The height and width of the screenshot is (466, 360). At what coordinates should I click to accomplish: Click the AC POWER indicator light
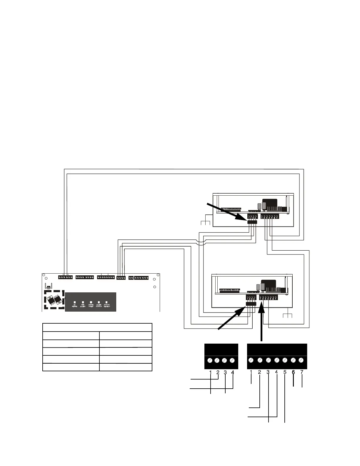(x=75, y=302)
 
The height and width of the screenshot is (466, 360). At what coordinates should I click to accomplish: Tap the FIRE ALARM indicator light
(x=83, y=302)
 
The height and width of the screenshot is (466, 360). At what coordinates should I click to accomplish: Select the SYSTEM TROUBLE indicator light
(x=106, y=302)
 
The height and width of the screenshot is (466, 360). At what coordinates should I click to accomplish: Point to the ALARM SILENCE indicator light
(x=99, y=302)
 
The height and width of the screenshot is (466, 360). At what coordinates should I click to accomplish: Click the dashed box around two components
(x=54, y=299)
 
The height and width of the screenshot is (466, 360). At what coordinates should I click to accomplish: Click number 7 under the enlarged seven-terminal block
(x=302, y=372)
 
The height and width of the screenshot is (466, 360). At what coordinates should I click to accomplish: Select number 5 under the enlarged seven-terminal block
(x=285, y=372)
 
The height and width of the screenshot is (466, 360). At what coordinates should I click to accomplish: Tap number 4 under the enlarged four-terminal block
(x=233, y=372)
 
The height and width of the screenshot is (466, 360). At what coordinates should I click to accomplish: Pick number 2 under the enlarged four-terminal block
(x=218, y=372)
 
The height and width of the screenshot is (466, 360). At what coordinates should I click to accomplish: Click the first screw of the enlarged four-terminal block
(x=210, y=360)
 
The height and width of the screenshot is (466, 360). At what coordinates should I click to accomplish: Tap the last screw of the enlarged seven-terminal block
(x=301, y=360)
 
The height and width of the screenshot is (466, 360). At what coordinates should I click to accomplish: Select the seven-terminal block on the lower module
(x=268, y=298)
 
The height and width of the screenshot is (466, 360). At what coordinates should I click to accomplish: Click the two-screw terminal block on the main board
(x=131, y=278)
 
